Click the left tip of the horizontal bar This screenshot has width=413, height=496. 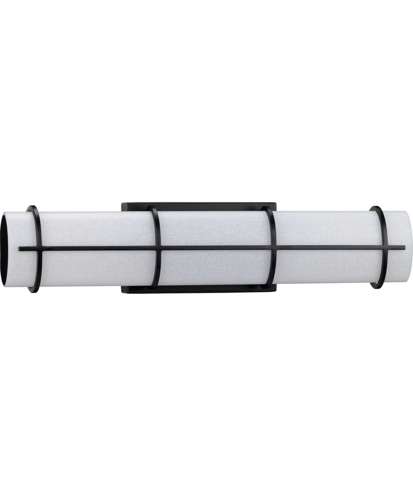click(20, 249)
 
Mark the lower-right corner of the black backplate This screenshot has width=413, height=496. click(275, 292)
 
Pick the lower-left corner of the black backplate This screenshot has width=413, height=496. click(122, 292)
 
